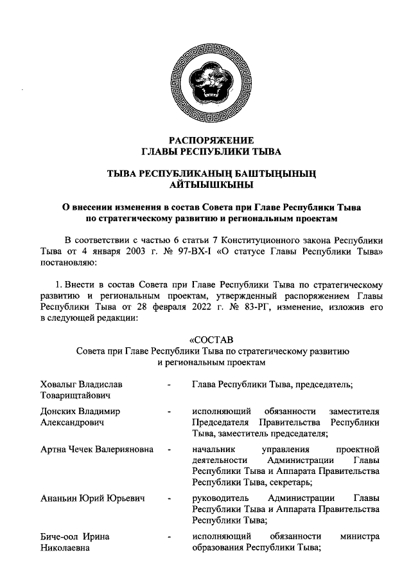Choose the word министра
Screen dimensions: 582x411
[x=360, y=536]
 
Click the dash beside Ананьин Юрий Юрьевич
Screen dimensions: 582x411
[x=169, y=498]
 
